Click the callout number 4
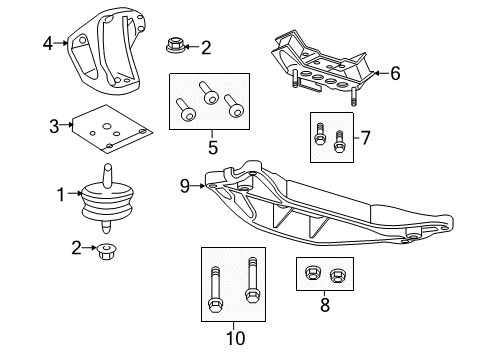(47, 42)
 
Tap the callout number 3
(55, 125)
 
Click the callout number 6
(395, 73)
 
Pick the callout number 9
(185, 184)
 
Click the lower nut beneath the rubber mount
(107, 252)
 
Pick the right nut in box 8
(338, 274)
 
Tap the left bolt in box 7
(321, 135)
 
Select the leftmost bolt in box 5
(187, 109)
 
